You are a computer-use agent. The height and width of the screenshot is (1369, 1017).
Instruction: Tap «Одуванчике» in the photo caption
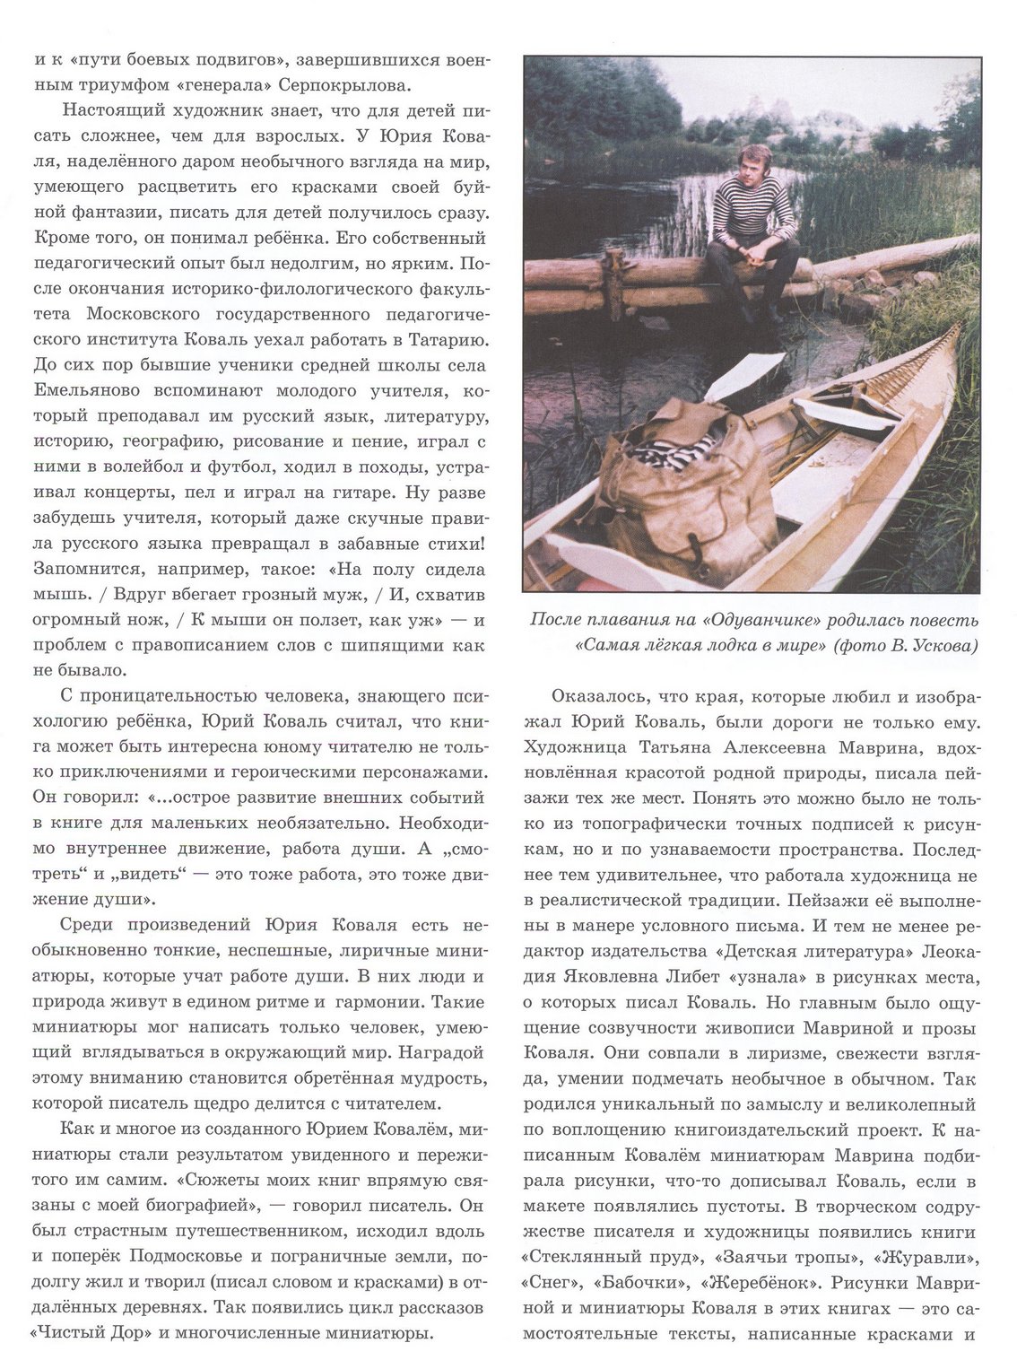(761, 621)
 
